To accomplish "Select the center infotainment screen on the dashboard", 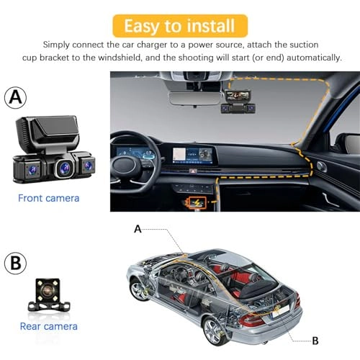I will (x=192, y=153).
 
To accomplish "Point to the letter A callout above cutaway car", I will (x=138, y=229).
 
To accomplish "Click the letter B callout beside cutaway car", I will (x=315, y=341).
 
